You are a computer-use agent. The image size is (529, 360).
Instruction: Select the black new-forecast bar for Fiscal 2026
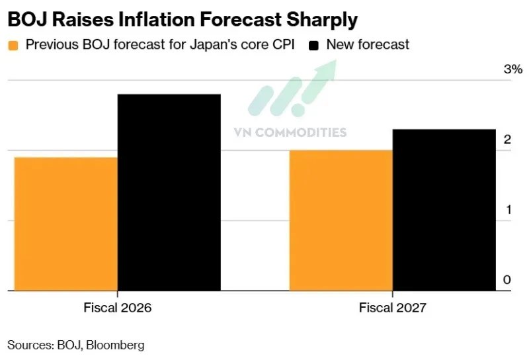[169, 192]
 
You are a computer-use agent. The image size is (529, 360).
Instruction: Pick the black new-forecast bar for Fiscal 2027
[444, 210]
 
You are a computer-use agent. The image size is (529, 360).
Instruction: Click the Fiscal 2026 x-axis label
[117, 308]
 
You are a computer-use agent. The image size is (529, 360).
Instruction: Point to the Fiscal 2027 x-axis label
[393, 308]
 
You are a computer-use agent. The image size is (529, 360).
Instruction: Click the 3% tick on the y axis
[513, 69]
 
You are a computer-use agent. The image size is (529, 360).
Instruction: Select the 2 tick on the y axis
[507, 140]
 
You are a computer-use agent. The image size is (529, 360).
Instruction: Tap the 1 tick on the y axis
[507, 210]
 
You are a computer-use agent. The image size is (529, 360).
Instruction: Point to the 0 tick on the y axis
[507, 280]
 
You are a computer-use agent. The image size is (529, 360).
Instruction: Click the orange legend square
[13, 46]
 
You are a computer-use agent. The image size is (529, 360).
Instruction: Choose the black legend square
[314, 46]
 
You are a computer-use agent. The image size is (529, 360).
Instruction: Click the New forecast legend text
[368, 45]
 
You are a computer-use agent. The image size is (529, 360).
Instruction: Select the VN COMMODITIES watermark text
[290, 132]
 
